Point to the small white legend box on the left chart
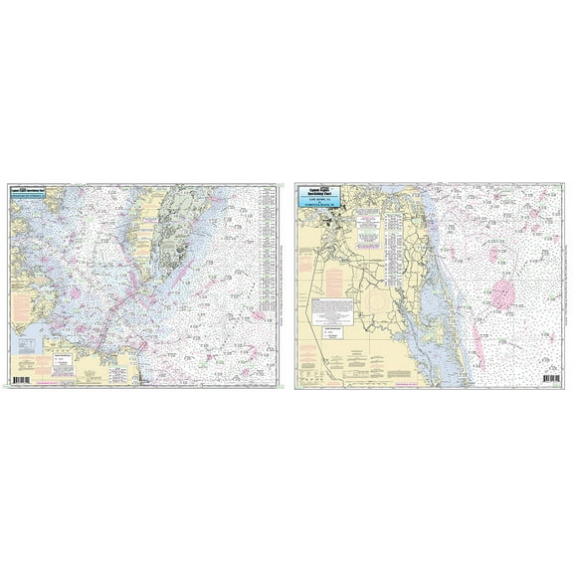pyautogui.click(x=65, y=354)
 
